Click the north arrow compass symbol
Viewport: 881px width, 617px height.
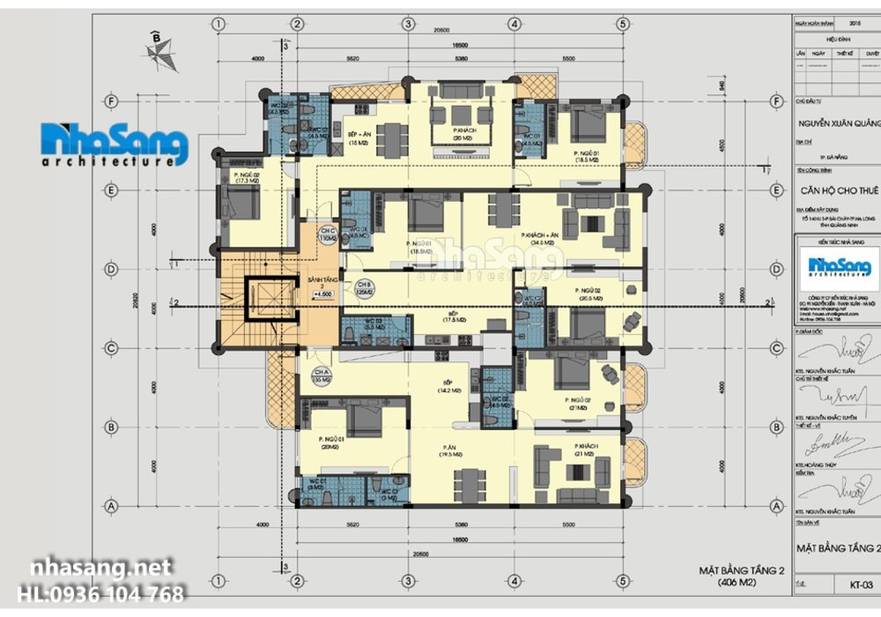point(157,51)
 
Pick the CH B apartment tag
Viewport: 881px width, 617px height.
point(364,288)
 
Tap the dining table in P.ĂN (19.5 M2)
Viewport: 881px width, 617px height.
point(469,483)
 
